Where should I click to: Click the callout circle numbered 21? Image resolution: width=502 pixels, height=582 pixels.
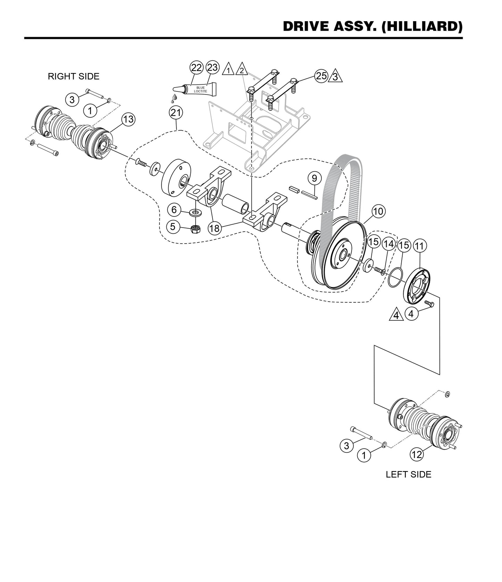click(x=176, y=113)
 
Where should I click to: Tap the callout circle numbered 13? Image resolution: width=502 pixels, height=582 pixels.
click(x=128, y=120)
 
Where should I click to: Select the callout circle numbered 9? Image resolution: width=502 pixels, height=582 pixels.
click(x=314, y=179)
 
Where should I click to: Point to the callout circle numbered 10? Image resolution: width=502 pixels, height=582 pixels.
click(x=378, y=211)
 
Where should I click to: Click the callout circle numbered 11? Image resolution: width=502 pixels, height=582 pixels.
click(x=420, y=246)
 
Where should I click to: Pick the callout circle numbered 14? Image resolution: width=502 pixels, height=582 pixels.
click(x=388, y=244)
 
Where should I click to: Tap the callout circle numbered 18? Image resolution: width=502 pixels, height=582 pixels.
click(x=215, y=228)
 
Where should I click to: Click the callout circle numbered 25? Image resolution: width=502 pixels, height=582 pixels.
click(x=321, y=75)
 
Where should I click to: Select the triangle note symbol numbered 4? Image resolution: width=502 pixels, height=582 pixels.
click(x=396, y=315)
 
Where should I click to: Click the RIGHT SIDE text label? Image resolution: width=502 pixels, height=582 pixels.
click(x=74, y=76)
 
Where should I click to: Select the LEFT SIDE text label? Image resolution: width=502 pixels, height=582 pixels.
click(x=409, y=475)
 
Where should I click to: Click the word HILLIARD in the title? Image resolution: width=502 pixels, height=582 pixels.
click(x=422, y=26)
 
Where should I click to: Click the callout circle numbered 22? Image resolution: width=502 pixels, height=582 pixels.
click(x=197, y=67)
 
